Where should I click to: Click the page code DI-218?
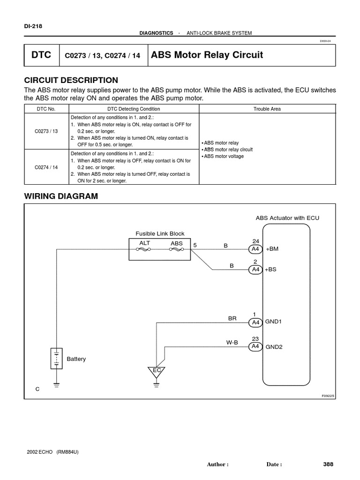(x=33, y=26)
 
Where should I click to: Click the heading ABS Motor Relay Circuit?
(x=207, y=55)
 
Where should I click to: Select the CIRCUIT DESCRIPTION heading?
(x=71, y=80)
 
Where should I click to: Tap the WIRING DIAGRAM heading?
(x=61, y=196)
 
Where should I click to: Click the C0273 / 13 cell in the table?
(x=46, y=131)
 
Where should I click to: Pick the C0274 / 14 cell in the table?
(x=46, y=167)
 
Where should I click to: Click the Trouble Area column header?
(x=267, y=109)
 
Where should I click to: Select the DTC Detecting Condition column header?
(x=134, y=109)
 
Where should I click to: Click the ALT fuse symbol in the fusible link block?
(x=143, y=250)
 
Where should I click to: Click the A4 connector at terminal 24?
(x=255, y=249)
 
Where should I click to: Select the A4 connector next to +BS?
(x=255, y=270)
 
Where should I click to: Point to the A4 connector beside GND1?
(x=255, y=322)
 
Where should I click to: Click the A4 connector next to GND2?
(x=255, y=346)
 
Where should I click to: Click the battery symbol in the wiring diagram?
(x=56, y=359)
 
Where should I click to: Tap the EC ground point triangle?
(x=157, y=371)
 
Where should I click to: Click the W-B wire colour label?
(x=232, y=343)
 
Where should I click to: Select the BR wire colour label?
(x=232, y=318)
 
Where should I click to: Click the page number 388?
(x=328, y=464)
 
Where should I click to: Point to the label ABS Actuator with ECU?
(x=287, y=218)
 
